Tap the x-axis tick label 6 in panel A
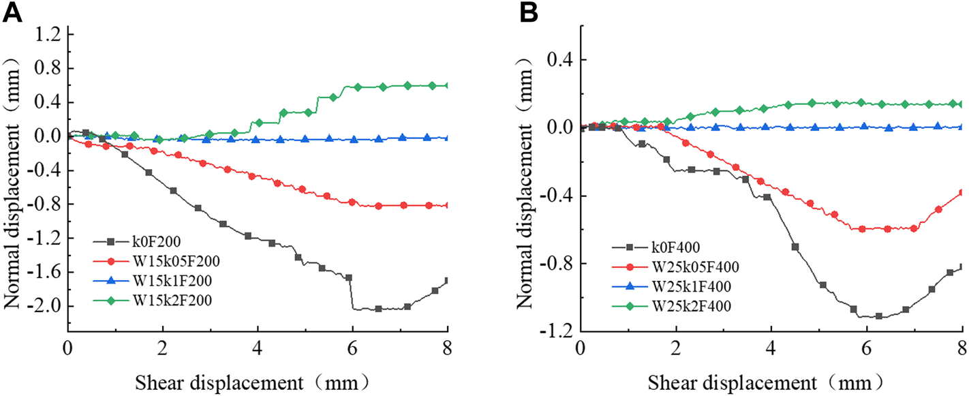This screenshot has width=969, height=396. pyautogui.click(x=352, y=341)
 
